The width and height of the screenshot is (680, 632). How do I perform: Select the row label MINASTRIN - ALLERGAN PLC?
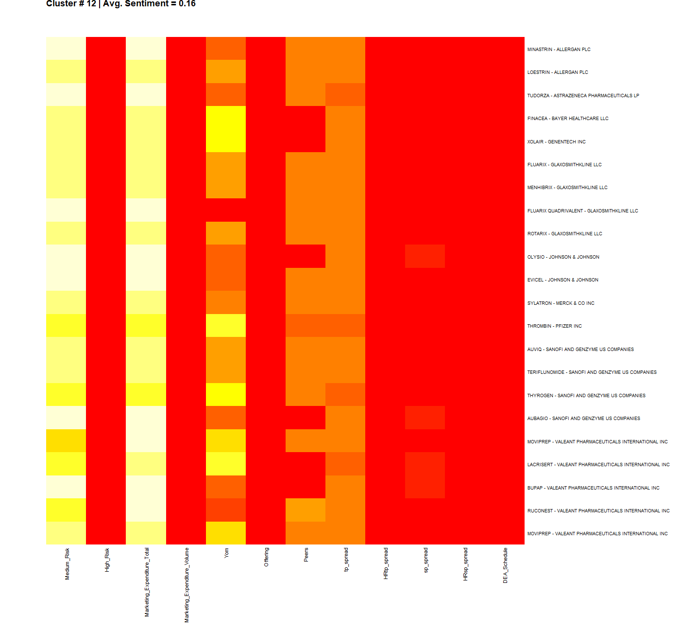[559, 49]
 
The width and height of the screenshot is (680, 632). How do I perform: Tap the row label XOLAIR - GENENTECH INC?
[556, 141]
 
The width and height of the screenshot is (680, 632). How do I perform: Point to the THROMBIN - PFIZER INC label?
[554, 326]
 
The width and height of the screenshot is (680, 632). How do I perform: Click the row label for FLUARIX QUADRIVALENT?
[582, 211]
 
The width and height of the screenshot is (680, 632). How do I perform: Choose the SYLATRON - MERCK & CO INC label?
[561, 303]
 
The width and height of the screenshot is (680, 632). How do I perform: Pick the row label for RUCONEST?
[598, 510]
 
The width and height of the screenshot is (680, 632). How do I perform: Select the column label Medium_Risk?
[67, 563]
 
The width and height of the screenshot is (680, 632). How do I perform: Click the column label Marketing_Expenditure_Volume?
[187, 585]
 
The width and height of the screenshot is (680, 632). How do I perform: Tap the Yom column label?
[226, 553]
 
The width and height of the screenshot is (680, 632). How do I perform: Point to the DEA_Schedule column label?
[505, 565]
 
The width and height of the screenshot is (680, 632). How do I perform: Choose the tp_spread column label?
[346, 559]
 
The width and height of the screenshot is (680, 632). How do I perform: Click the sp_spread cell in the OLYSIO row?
[425, 256]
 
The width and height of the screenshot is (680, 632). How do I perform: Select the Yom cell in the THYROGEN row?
[226, 395]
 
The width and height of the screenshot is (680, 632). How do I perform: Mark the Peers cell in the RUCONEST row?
[306, 510]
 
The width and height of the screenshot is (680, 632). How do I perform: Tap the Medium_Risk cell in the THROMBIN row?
[66, 326]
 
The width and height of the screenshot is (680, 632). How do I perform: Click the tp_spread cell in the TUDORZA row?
[345, 95]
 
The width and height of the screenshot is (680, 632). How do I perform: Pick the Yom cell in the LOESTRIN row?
[226, 71]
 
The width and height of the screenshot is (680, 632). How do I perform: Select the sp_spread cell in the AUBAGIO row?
[425, 418]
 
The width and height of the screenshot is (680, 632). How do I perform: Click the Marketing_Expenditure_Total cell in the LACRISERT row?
[146, 464]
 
